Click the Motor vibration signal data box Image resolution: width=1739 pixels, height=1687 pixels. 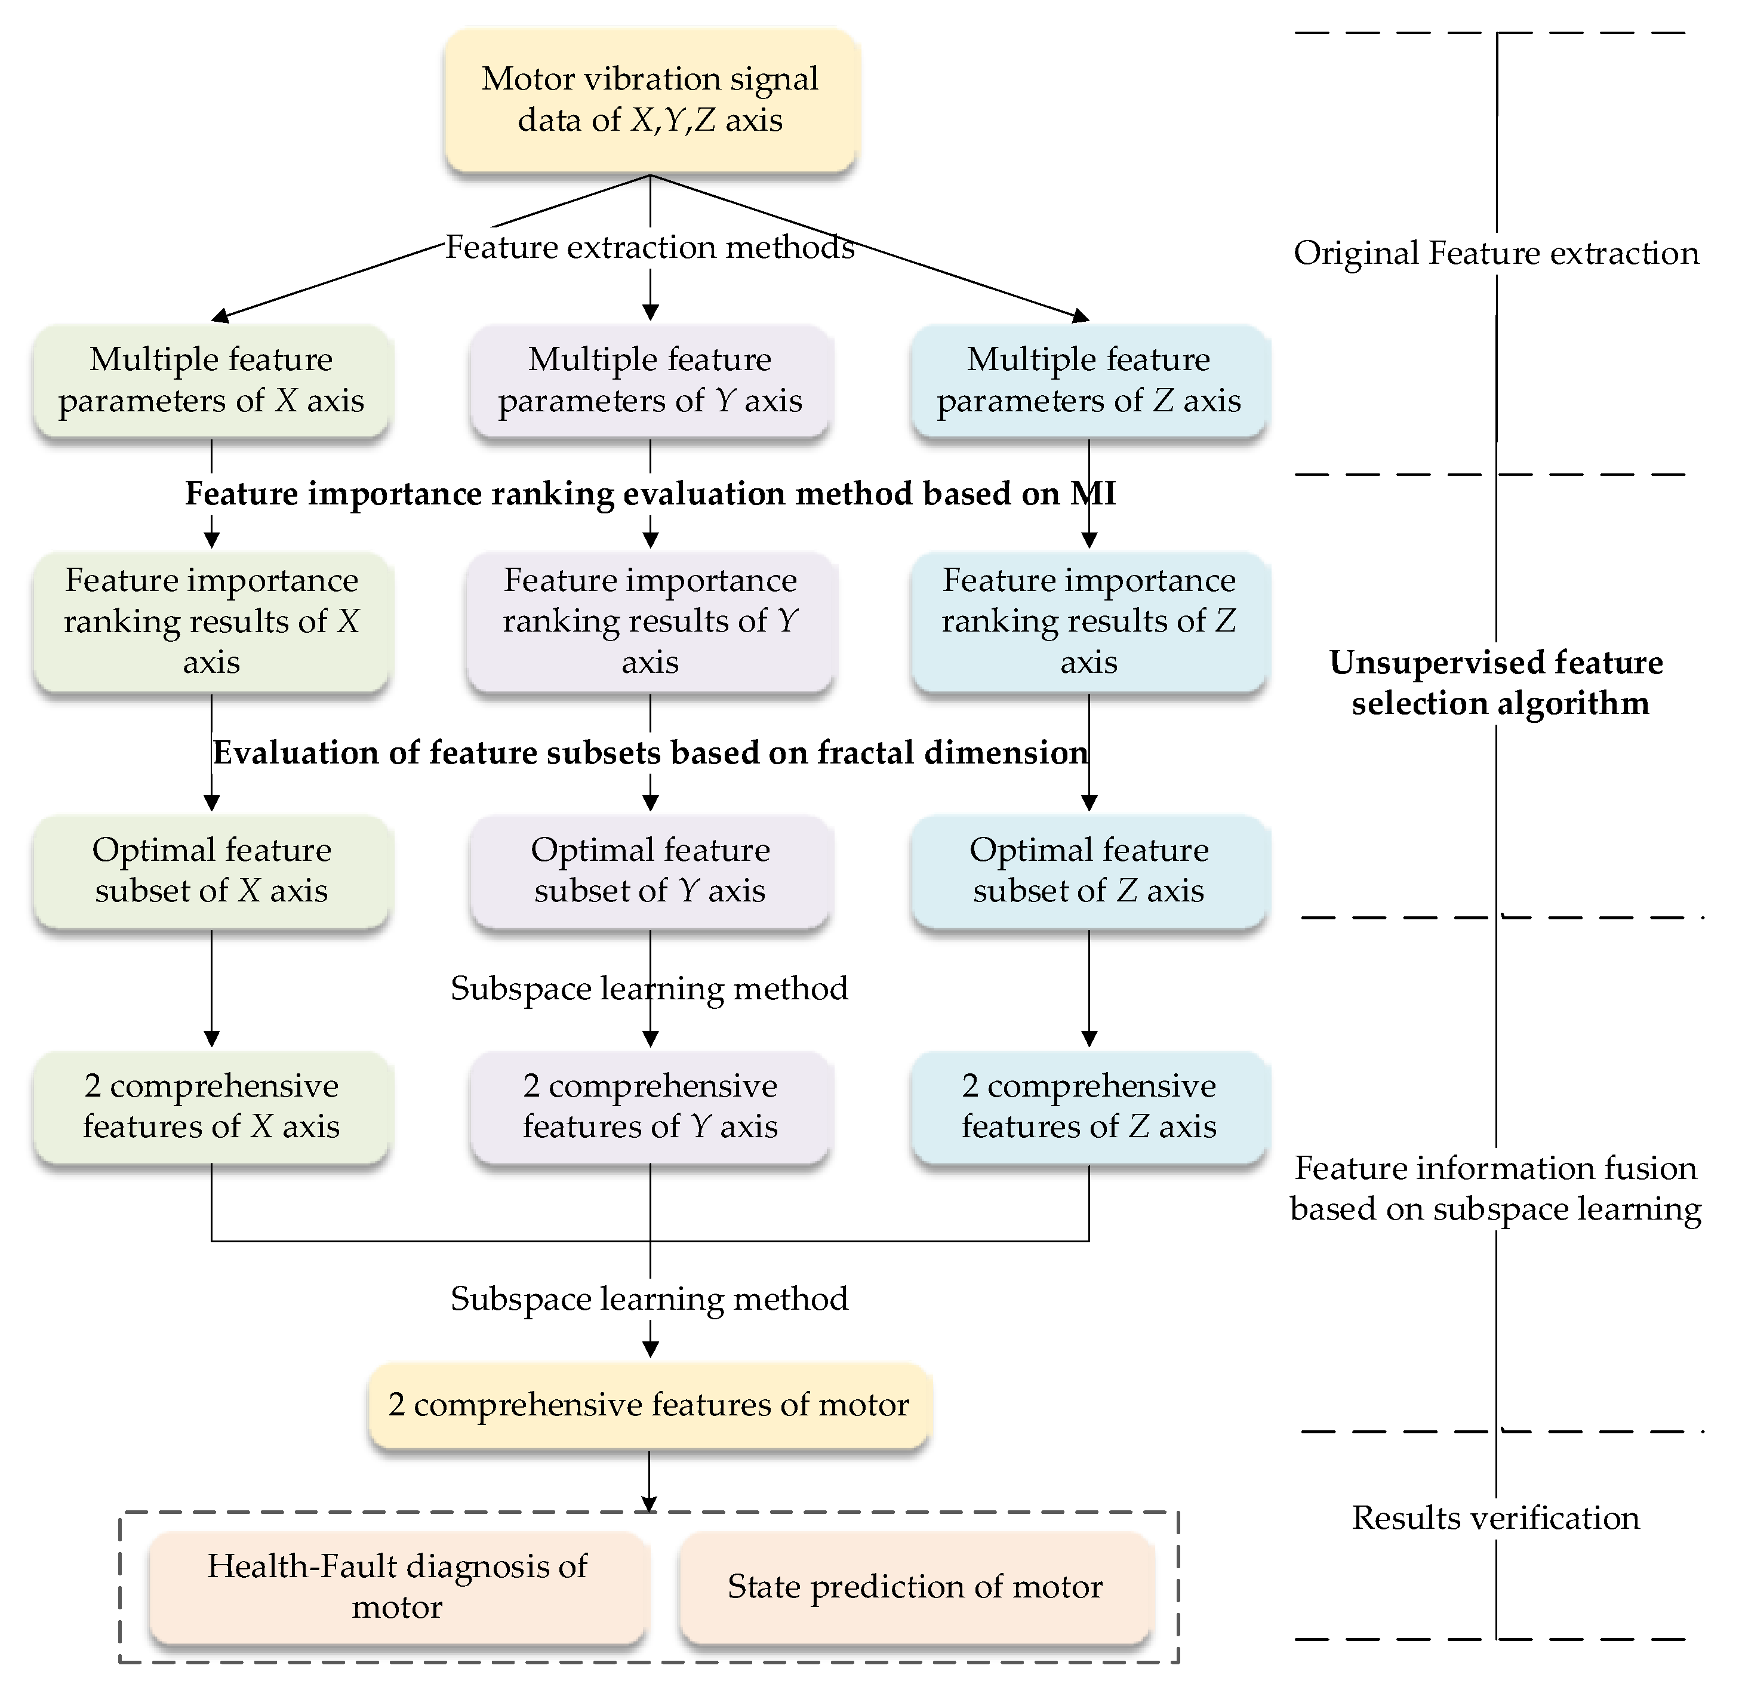click(650, 99)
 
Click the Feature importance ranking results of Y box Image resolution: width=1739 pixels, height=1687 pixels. click(650, 621)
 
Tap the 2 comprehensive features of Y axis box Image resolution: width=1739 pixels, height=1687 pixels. click(650, 1107)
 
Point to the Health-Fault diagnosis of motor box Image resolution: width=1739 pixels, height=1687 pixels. click(398, 1587)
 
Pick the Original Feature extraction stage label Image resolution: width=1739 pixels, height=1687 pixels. click(1496, 254)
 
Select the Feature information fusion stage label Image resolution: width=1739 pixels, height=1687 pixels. click(1496, 1189)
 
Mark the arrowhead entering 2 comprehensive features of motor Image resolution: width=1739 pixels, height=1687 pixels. click(650, 1349)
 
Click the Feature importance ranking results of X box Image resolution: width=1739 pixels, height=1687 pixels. click(211, 621)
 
